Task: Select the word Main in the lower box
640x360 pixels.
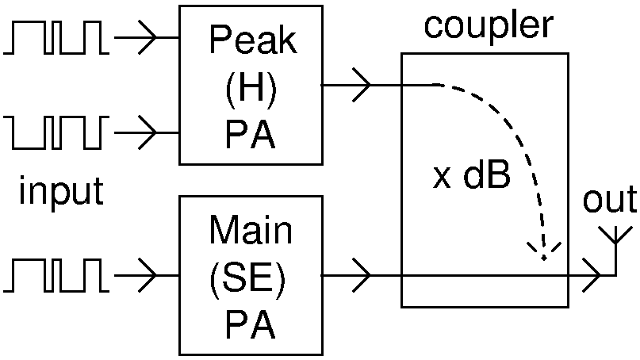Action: [x=250, y=231]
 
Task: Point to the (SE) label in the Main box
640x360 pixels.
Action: [x=250, y=278]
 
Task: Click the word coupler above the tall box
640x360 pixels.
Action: [x=488, y=26]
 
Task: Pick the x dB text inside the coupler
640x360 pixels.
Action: [x=471, y=177]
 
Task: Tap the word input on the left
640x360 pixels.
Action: [x=61, y=191]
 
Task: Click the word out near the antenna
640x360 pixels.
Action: [x=609, y=200]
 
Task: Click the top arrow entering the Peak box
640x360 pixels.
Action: [x=147, y=37]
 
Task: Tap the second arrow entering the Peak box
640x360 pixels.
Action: [x=147, y=128]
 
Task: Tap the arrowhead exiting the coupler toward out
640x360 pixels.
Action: [x=592, y=276]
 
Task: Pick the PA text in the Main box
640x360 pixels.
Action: [x=250, y=326]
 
